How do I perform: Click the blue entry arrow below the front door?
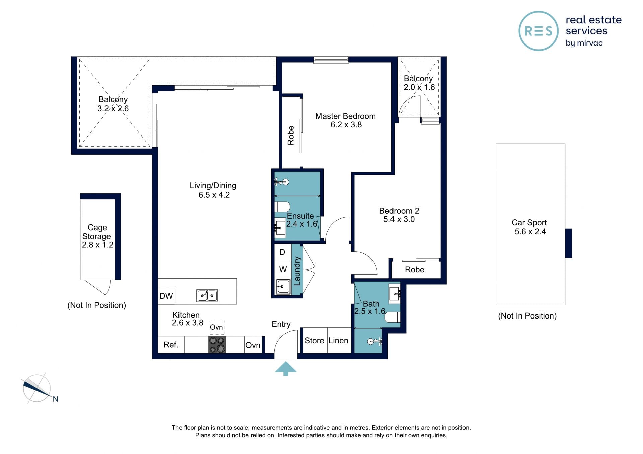coord(286,369)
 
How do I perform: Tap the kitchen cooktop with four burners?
coord(217,345)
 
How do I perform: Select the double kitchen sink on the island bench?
coord(207,296)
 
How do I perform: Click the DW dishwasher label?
coord(166,296)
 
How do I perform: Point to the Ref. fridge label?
coord(171,345)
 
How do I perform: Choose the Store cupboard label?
coord(314,341)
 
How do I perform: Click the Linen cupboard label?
coord(338,341)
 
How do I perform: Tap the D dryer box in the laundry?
coord(283,252)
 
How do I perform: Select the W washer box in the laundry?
coord(283,269)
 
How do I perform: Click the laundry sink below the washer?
coord(283,287)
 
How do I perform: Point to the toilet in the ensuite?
coord(282,207)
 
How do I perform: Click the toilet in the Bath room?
coord(392,317)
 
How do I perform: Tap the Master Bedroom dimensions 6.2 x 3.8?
coord(346,125)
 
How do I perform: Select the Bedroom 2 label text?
coord(399,211)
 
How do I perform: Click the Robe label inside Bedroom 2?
coord(415,270)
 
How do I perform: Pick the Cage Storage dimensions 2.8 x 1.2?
coord(98,245)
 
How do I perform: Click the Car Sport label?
coord(529,223)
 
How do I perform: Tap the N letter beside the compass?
coord(56,399)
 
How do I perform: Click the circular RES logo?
coord(539,31)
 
